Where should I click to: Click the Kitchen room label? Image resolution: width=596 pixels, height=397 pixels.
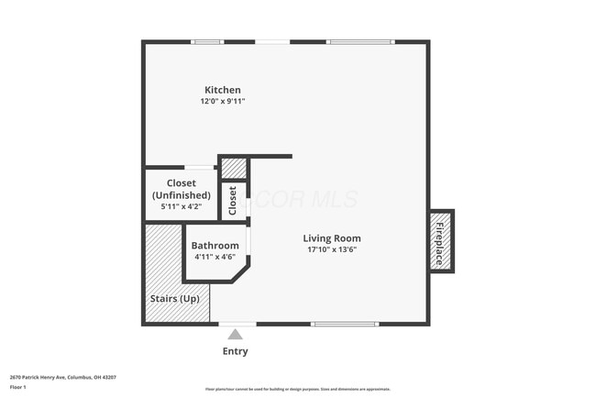(x=223, y=90)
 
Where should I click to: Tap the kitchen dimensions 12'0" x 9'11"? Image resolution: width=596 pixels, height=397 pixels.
(x=223, y=102)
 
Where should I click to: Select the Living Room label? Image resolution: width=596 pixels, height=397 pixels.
(x=332, y=238)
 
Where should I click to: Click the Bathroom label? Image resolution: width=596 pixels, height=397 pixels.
(x=215, y=246)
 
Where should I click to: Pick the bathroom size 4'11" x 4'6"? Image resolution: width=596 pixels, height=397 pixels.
(x=215, y=258)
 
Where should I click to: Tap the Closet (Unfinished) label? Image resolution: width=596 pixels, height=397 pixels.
(x=181, y=189)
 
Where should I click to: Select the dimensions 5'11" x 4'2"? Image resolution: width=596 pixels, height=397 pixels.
(x=181, y=206)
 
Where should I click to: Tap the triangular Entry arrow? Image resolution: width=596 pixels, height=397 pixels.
(x=236, y=335)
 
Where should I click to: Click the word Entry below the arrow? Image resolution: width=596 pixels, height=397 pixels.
(x=236, y=351)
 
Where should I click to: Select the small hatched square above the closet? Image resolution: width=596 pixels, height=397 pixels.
(x=235, y=169)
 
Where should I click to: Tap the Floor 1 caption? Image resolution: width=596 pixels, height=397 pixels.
(x=19, y=387)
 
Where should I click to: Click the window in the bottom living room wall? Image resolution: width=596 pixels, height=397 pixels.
(x=345, y=324)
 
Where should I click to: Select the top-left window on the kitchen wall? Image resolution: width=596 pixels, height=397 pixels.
(x=207, y=41)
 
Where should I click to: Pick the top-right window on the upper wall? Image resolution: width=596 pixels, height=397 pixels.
(x=360, y=41)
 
